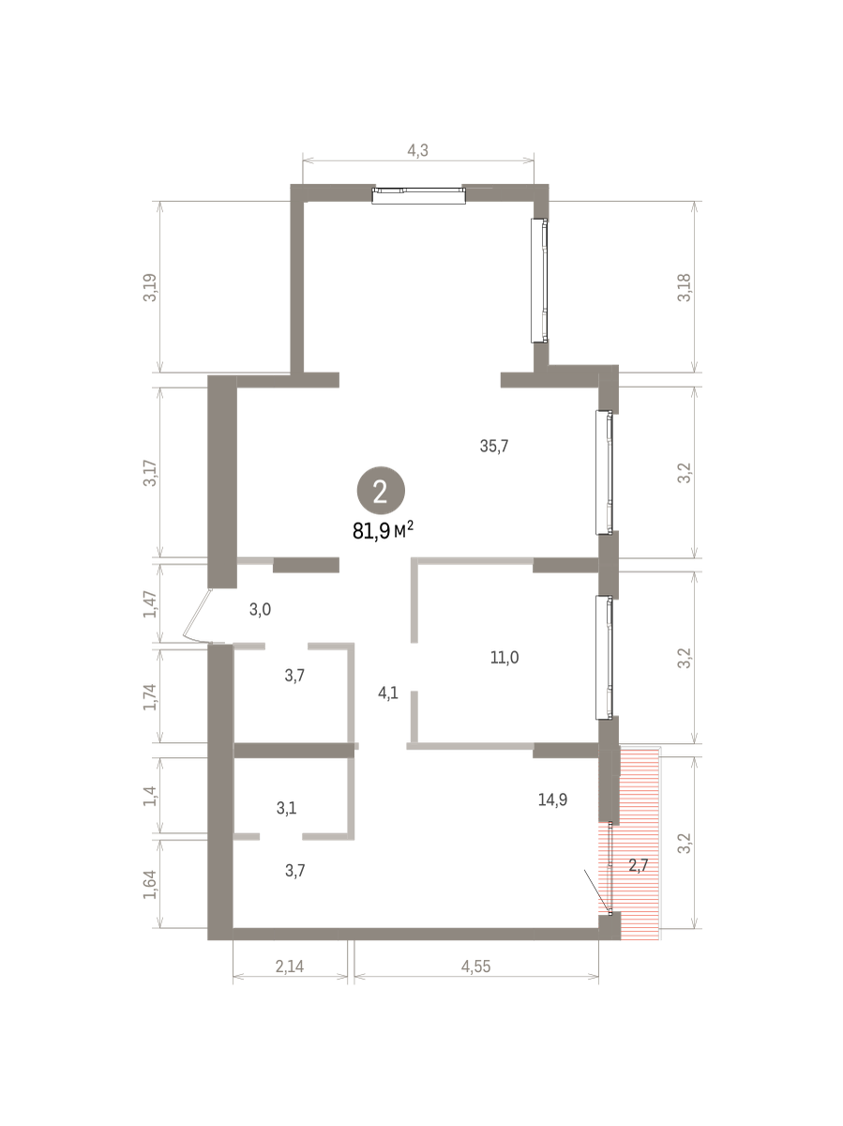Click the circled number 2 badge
coord(381,491)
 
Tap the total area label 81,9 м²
coord(383,531)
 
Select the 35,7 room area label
coord(494,447)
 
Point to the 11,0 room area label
coord(504,657)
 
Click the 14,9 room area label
coord(552,799)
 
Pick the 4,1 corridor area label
coord(388,693)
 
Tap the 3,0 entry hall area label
coord(260,609)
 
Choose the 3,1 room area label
coord(286,808)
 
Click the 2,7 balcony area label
coord(639,866)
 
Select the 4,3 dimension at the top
coord(417,150)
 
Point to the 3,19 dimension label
coord(150,288)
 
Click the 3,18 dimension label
coord(685,288)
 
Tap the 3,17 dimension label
coord(150,473)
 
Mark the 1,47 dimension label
coord(150,604)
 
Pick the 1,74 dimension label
coord(150,696)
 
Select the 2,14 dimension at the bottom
coord(290,966)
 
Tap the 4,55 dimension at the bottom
coord(476,966)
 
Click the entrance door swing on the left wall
coord(197,618)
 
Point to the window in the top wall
coord(418,196)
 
